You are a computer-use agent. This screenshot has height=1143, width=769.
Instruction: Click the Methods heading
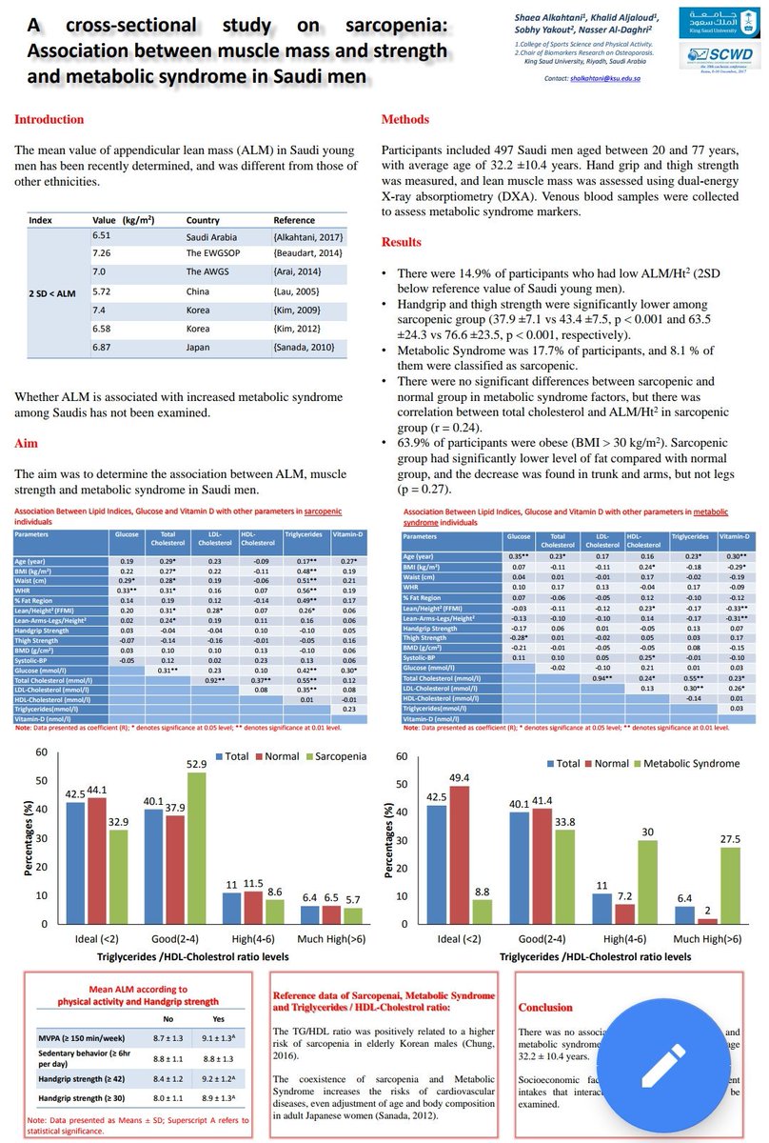404,119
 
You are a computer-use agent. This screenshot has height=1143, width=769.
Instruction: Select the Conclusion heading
545,1007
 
